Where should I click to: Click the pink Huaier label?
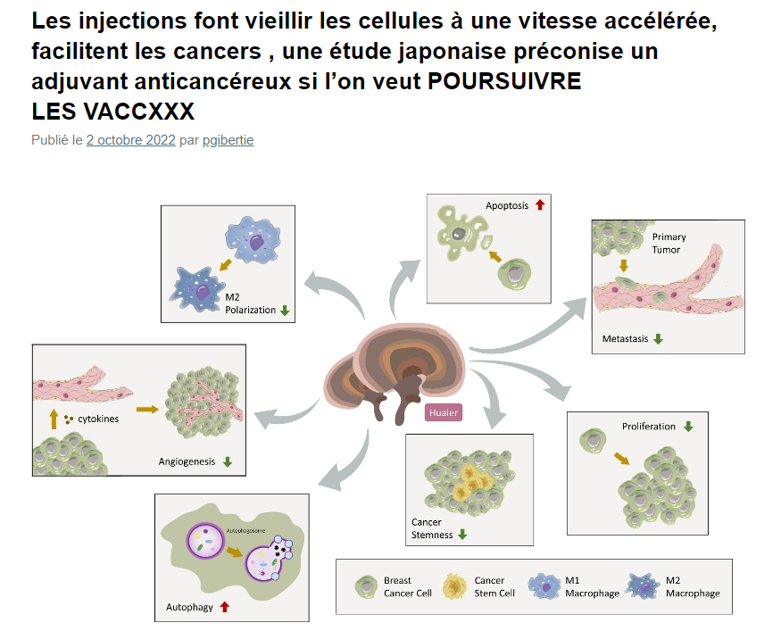click(443, 412)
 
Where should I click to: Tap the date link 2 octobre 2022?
click(130, 140)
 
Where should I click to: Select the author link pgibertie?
click(228, 140)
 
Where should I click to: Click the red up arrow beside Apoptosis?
click(539, 205)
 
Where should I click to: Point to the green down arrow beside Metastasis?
click(658, 339)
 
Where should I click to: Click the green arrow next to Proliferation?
click(687, 427)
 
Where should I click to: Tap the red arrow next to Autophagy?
click(225, 607)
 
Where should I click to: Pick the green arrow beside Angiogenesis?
click(228, 461)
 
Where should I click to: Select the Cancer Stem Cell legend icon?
click(456, 586)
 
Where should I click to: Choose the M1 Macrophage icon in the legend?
click(545, 586)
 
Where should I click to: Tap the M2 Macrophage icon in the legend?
click(645, 586)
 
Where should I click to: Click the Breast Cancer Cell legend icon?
click(366, 586)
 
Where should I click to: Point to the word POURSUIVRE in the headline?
click(504, 82)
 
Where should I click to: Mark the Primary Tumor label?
click(669, 243)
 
